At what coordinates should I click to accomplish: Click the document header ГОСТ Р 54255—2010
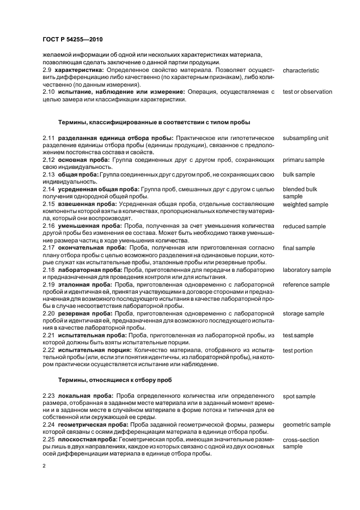pyautogui.click(x=72, y=40)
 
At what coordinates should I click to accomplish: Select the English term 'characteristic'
pyautogui.click(x=301, y=71)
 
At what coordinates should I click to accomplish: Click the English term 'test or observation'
pyautogui.click(x=307, y=92)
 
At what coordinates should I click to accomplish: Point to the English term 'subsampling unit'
pyautogui.click(x=306, y=138)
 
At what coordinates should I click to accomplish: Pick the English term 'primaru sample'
pyautogui.click(x=303, y=160)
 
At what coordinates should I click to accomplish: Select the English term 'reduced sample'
pyautogui.click(x=304, y=226)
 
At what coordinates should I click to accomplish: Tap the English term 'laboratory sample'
pyautogui.click(x=307, y=270)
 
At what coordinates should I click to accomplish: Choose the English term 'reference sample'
pyautogui.click(x=306, y=284)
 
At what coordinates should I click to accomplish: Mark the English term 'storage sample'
pyautogui.click(x=303, y=313)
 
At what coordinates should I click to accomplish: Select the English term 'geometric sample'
pyautogui.click(x=307, y=424)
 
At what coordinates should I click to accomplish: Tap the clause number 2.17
pyautogui.click(x=48, y=248)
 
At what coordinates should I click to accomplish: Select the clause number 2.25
pyautogui.click(x=48, y=439)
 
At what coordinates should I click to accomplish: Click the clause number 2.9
pyautogui.click(x=47, y=71)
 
